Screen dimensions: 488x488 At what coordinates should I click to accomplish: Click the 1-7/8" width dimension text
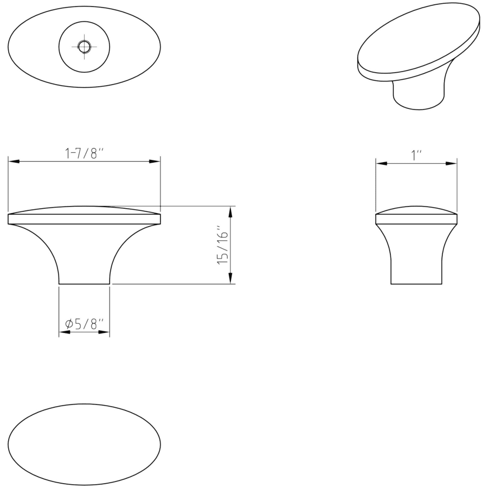[84, 153]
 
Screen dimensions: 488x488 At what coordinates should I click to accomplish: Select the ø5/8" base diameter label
[85, 324]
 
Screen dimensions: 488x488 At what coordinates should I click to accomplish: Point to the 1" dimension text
[417, 155]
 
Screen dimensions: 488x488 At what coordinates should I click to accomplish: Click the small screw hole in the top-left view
[84, 47]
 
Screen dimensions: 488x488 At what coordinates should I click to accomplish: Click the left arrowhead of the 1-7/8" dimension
[14, 162]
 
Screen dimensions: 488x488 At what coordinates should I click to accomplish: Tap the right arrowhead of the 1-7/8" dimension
[155, 162]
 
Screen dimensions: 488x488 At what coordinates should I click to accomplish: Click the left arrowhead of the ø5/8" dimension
[65, 332]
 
